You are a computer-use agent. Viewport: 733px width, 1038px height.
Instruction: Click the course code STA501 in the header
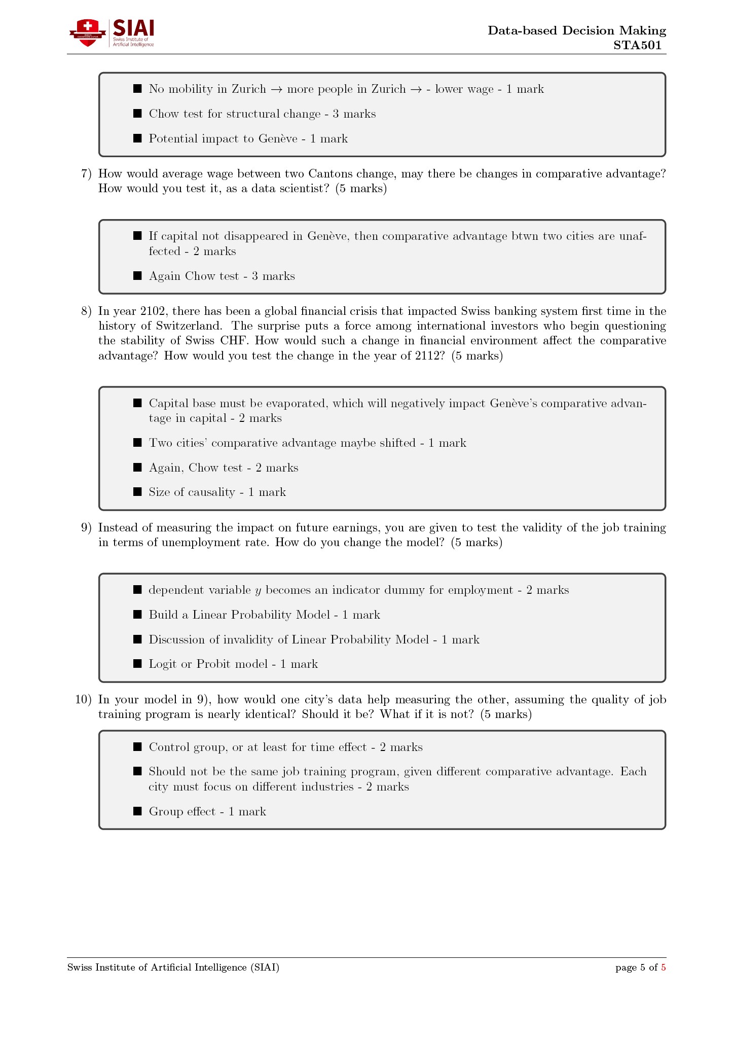coord(637,45)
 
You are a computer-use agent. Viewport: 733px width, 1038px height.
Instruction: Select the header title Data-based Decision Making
coord(576,30)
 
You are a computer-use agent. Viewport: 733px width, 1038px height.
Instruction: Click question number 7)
coord(86,174)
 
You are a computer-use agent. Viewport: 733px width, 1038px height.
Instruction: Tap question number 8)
coord(86,311)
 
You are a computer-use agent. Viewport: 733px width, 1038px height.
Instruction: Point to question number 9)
coord(86,528)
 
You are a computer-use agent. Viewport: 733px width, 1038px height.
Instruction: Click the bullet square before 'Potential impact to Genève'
coord(137,138)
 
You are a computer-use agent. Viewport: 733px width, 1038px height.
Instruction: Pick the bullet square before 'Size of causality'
coord(137,492)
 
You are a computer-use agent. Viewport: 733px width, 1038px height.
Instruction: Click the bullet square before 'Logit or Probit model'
coord(137,664)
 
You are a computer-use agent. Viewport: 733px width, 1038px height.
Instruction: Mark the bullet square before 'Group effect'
coord(137,811)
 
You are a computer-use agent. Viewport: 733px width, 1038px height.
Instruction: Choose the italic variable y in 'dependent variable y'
coord(258,591)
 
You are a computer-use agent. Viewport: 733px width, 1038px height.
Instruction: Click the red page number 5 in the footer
coord(663,968)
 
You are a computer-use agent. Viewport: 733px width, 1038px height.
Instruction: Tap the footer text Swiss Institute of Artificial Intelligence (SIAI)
coord(173,968)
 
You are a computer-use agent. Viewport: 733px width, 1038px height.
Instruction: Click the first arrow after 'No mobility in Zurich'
coord(276,89)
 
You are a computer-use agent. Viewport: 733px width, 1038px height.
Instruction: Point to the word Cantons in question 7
coord(331,174)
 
